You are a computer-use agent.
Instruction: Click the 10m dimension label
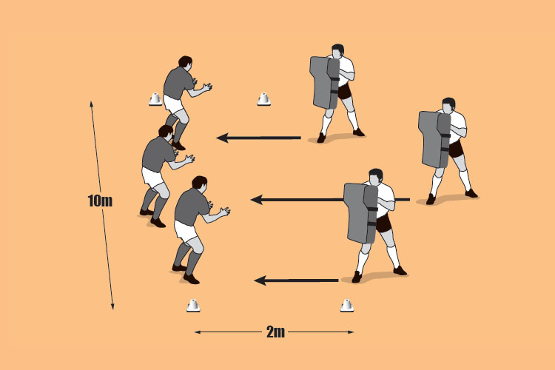pos(100,201)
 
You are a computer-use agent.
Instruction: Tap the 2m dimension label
pos(275,332)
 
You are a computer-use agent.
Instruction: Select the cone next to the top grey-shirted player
pos(155,99)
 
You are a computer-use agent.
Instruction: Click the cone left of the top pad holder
pos(263,99)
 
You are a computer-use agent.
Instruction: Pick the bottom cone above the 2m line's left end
pos(193,305)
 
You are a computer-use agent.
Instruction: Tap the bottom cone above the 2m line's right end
pos(347,305)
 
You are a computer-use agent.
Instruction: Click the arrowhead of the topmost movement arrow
pos(222,138)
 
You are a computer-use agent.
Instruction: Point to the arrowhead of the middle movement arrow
pos(257,200)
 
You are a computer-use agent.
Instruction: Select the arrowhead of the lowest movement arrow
pos(260,280)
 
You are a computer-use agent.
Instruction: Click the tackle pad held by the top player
pos(325,82)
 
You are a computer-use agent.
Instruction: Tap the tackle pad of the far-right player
pos(434,139)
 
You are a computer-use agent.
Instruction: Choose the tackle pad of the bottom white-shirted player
pos(360,213)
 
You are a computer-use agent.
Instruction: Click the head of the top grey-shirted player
pos(185,62)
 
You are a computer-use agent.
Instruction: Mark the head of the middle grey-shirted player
pos(166,132)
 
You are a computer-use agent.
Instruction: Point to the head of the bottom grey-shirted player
pos(200,183)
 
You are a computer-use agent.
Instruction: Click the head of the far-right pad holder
pos(448,105)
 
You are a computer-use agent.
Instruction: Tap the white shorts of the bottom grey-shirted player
pos(186,230)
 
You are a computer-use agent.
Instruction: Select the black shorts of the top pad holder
pos(344,92)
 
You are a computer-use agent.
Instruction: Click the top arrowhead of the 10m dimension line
pos(91,104)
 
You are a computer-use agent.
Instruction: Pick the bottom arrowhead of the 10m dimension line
pos(112,306)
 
